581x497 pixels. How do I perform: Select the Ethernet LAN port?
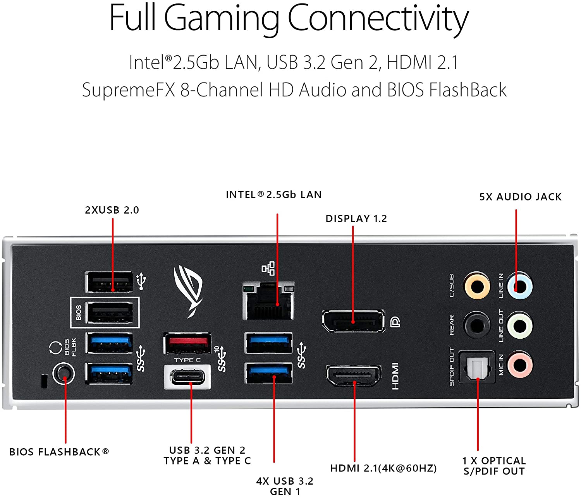(268, 301)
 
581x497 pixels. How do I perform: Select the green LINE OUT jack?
(520, 326)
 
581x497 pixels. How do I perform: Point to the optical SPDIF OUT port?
(477, 367)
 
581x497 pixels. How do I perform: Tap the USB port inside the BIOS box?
(110, 312)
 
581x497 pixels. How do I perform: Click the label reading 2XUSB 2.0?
(112, 210)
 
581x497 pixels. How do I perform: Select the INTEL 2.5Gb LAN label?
(274, 195)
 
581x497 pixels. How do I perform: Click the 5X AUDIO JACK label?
(520, 197)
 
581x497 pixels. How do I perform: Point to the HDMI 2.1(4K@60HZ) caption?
(383, 468)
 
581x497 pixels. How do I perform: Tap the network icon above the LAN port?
(268, 268)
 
